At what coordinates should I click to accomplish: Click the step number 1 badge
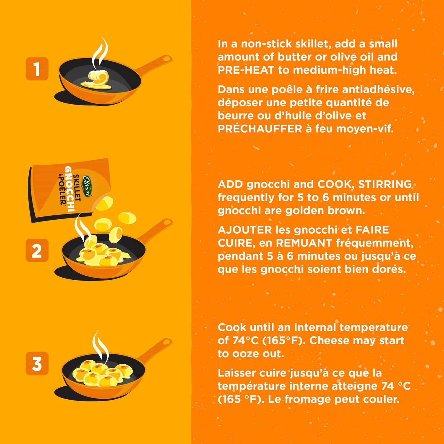37,69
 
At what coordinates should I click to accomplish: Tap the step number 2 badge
37,250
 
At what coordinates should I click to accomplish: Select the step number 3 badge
37,363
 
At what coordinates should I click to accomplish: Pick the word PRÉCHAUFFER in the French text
260,128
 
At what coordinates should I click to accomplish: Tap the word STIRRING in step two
385,184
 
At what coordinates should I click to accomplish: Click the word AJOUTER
244,230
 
